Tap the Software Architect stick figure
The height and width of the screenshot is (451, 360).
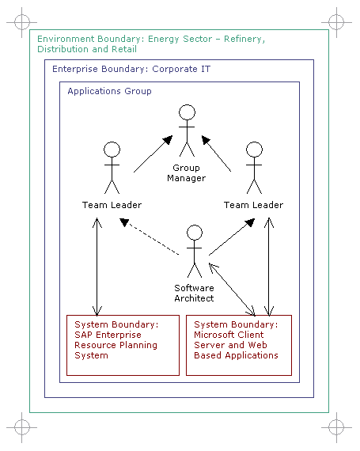[195, 251]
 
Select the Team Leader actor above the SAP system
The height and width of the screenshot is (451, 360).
[112, 168]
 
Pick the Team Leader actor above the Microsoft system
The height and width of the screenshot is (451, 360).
[254, 168]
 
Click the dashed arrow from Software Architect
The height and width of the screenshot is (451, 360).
[150, 237]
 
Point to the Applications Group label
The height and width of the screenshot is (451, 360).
[109, 91]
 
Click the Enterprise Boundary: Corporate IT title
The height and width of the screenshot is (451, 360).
[131, 69]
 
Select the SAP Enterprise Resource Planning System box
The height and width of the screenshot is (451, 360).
[123, 345]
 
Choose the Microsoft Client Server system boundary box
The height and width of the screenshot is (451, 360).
[239, 345]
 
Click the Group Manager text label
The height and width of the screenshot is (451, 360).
[186, 172]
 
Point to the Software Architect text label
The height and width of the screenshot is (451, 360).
[194, 293]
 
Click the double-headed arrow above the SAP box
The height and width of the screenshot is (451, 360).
[97, 267]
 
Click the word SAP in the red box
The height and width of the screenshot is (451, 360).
[84, 335]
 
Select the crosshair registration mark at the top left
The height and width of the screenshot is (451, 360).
[22, 22]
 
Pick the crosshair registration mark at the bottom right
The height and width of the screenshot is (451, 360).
[336, 427]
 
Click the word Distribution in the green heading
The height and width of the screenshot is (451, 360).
[63, 49]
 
